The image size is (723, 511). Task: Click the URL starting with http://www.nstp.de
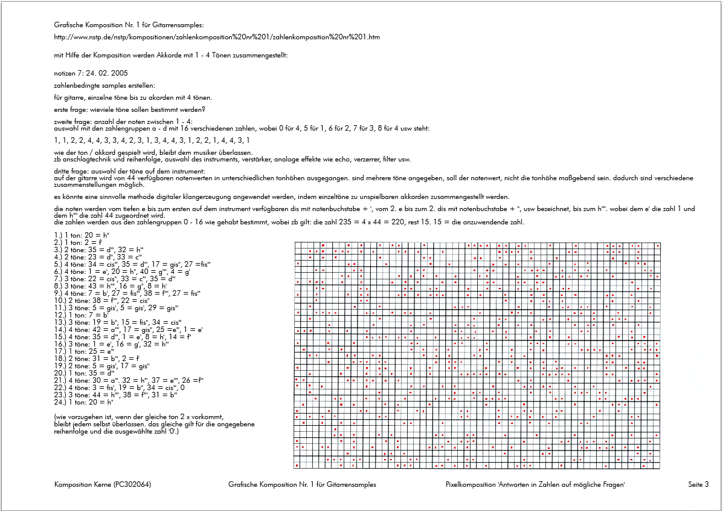(x=217, y=37)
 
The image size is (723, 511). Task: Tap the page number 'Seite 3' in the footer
(x=698, y=484)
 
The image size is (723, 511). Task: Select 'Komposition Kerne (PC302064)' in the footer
(x=102, y=484)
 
